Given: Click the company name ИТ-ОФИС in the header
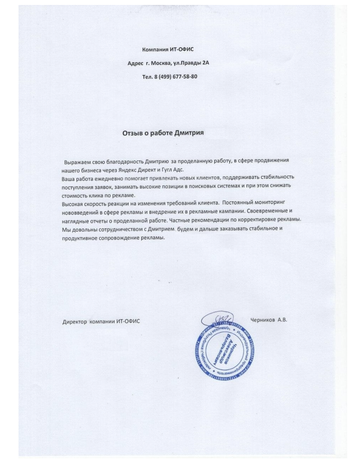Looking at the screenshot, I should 181,50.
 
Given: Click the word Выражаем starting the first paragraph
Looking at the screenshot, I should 77,162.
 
